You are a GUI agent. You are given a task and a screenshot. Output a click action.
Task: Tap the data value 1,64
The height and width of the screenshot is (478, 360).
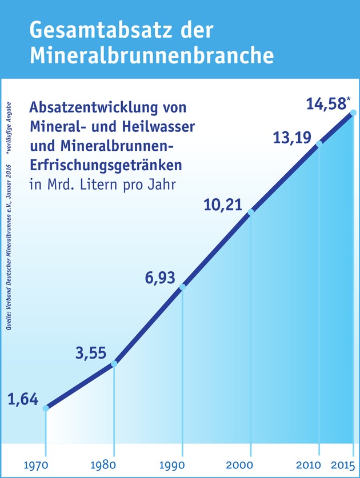point(23,399)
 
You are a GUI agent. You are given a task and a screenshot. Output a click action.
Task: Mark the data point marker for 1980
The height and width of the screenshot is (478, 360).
point(114,363)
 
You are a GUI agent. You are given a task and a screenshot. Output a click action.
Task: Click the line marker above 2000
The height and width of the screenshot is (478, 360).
point(250,212)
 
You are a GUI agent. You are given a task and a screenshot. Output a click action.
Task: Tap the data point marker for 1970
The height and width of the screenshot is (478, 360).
point(46,408)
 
